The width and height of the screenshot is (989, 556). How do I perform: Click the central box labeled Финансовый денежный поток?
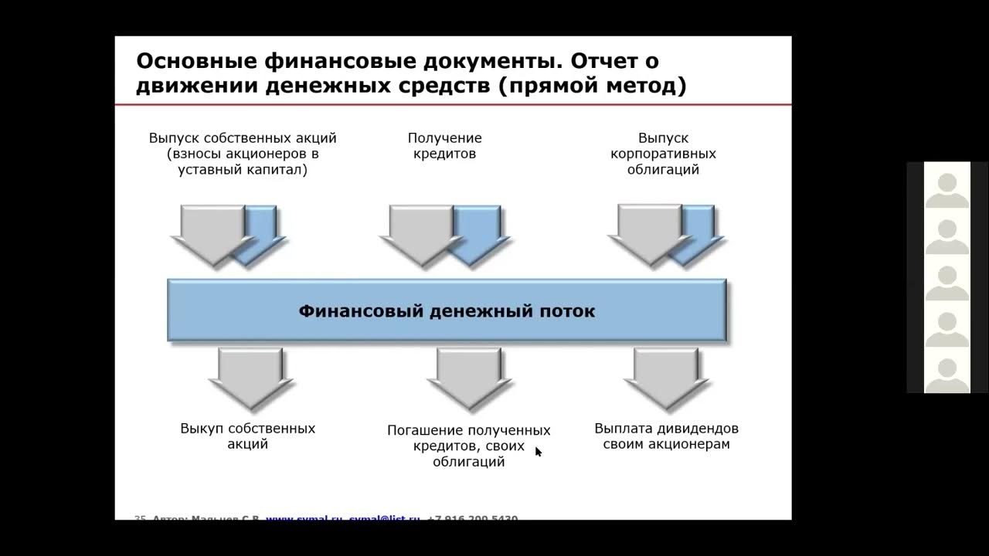(x=447, y=311)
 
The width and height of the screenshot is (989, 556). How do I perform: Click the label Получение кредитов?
(x=444, y=146)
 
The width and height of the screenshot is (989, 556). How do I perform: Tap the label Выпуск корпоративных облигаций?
(x=663, y=154)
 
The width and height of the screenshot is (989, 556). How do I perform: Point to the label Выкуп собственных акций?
(x=247, y=436)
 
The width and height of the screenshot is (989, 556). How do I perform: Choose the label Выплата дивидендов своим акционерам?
(x=666, y=436)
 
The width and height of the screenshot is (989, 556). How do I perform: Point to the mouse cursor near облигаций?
(x=539, y=452)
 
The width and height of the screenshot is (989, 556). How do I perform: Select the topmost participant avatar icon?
(x=947, y=190)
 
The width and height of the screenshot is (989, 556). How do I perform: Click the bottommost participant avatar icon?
(x=947, y=375)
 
